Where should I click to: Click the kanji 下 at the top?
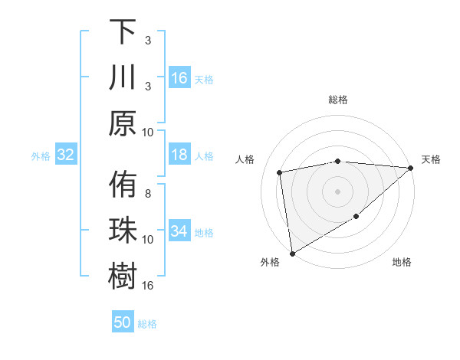tap(123, 33)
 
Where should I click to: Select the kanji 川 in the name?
tap(123, 78)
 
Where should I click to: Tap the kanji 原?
tap(123, 123)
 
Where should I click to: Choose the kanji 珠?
tap(123, 231)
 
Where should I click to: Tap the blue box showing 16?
tap(179, 78)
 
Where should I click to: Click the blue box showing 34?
tap(179, 231)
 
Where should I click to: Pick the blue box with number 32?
tap(66, 155)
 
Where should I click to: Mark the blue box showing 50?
tap(123, 322)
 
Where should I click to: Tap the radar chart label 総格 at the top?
tap(337, 100)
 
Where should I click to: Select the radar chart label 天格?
tap(431, 159)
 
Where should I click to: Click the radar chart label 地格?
tap(402, 263)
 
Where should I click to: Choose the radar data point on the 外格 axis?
tap(292, 253)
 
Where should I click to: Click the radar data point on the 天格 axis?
tap(411, 168)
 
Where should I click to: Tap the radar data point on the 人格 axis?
tap(280, 172)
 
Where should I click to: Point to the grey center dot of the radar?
tap(337, 191)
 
